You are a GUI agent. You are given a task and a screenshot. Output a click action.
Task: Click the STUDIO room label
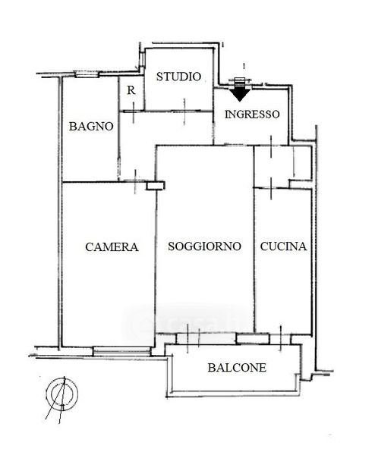(178, 77)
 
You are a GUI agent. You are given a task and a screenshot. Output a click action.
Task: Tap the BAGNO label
(91, 127)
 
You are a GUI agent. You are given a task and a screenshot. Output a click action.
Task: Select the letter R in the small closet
(131, 90)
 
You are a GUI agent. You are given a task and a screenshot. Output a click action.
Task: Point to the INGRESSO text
(252, 115)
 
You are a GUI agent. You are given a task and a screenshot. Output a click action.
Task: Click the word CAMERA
(112, 247)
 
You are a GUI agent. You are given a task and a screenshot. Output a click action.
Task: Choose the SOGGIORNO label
(204, 246)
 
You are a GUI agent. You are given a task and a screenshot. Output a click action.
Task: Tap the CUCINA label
(283, 246)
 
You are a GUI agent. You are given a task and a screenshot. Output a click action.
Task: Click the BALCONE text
(237, 368)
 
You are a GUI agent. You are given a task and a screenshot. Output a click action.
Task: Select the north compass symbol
(62, 394)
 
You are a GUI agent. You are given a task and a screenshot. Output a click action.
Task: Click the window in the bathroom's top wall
(87, 74)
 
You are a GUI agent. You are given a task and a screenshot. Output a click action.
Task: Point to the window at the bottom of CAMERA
(121, 351)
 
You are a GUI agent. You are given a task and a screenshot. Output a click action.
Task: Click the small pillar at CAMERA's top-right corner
(156, 186)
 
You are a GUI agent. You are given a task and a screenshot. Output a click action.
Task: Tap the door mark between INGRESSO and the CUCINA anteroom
(271, 146)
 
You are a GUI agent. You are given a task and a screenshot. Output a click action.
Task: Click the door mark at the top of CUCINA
(271, 189)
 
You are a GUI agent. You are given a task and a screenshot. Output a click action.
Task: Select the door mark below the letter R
(134, 112)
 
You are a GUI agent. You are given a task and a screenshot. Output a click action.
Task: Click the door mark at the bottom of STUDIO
(184, 111)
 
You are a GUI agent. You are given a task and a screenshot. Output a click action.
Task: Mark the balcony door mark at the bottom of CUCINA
(281, 338)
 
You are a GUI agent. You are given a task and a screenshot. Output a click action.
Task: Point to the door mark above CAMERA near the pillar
(135, 182)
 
